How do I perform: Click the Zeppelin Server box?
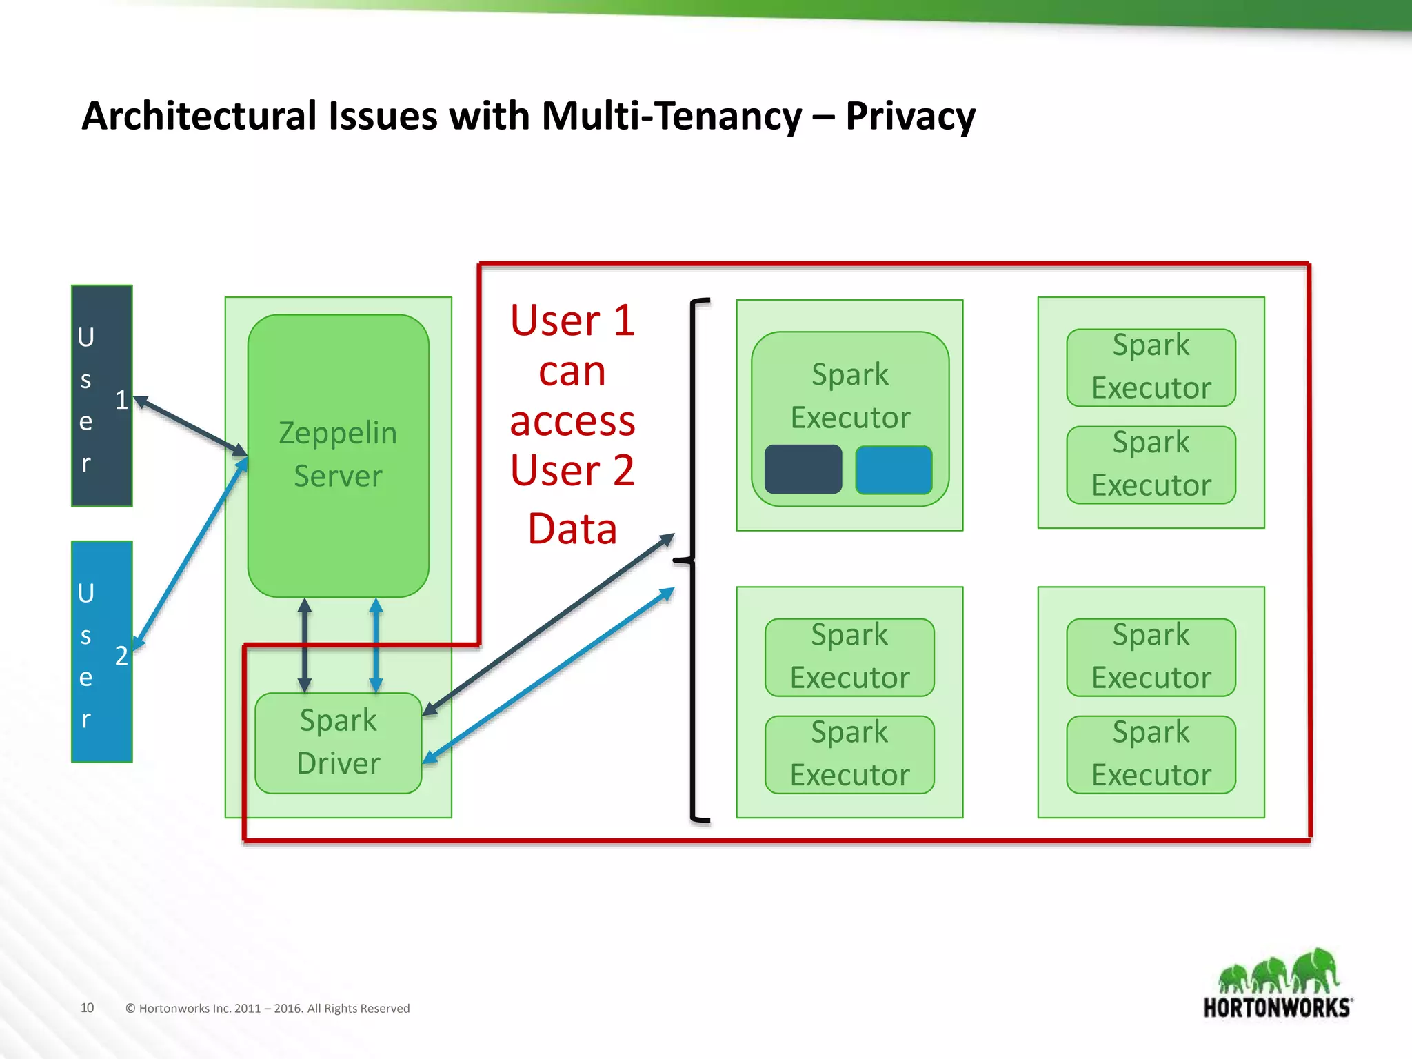[338, 455]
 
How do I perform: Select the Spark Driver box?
[338, 743]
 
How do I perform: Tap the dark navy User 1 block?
[101, 396]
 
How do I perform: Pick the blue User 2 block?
[101, 652]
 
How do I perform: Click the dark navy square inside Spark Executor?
[803, 470]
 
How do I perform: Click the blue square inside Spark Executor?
[894, 470]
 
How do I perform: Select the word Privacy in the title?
[910, 116]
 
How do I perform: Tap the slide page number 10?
[87, 1007]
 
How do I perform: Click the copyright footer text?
[268, 1008]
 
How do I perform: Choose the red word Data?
[572, 529]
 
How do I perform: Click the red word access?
[572, 421]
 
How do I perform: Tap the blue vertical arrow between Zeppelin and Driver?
[376, 645]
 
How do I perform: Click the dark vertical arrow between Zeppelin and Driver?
[305, 645]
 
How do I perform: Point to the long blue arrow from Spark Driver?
[548, 676]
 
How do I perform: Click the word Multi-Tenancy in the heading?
[672, 116]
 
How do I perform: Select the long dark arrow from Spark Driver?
[548, 624]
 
